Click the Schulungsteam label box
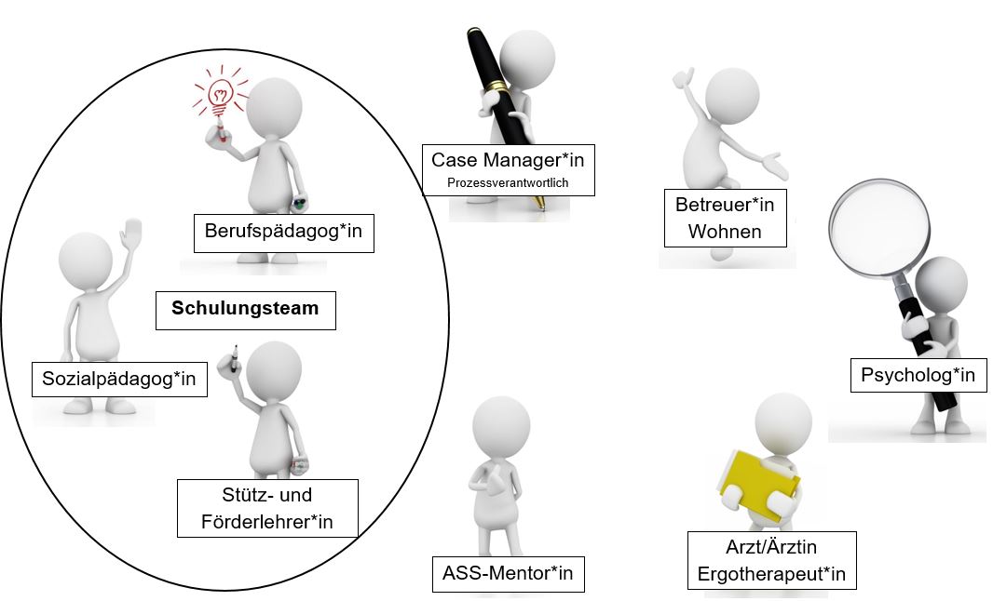[246, 310]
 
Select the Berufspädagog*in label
[284, 233]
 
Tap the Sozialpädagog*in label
[119, 379]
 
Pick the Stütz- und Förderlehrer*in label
[267, 508]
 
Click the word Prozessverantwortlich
[508, 183]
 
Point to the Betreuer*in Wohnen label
[725, 218]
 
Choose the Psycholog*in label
[918, 375]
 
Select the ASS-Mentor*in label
[508, 574]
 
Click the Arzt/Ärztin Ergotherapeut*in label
[772, 560]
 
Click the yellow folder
[758, 486]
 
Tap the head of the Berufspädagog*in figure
[274, 106]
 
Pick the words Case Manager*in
[508, 160]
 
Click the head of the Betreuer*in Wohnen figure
[732, 96]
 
